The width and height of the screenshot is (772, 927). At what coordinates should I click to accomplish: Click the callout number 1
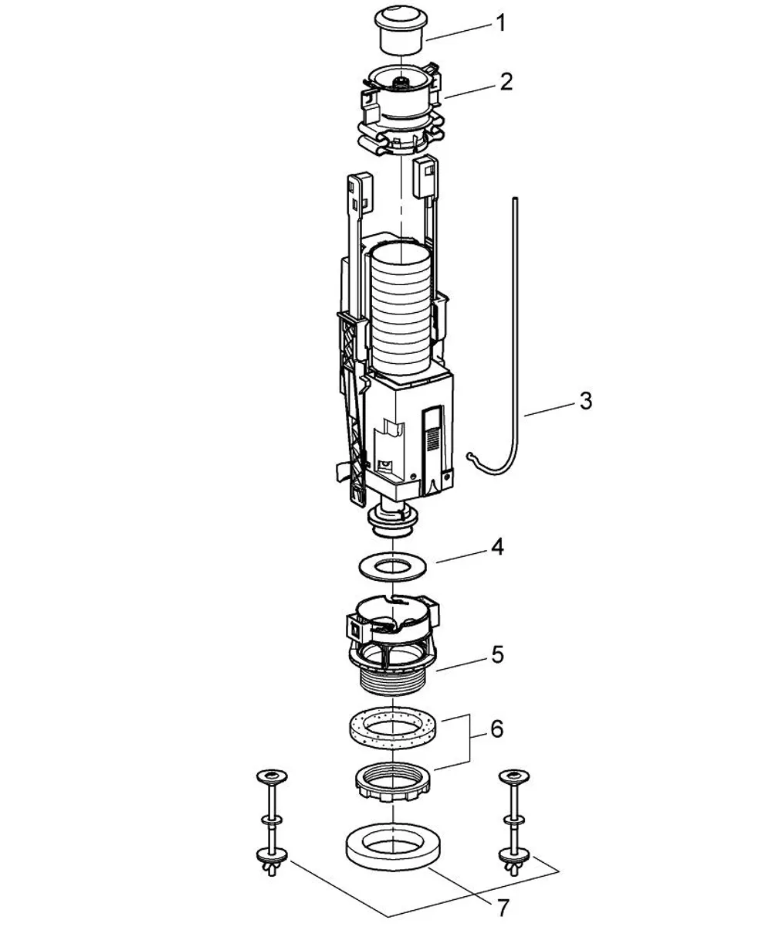tap(500, 23)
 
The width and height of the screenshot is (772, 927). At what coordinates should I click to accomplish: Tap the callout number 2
tap(506, 82)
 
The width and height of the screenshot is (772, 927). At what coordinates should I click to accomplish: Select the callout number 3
tap(586, 400)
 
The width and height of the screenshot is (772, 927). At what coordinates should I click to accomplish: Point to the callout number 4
tap(497, 547)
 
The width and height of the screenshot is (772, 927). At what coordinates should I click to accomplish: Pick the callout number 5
tap(497, 655)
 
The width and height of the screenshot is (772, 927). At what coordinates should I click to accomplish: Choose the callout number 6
tap(497, 729)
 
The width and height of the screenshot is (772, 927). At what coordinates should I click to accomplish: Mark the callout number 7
tap(503, 908)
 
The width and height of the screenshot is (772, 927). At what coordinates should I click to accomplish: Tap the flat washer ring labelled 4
tap(392, 567)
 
